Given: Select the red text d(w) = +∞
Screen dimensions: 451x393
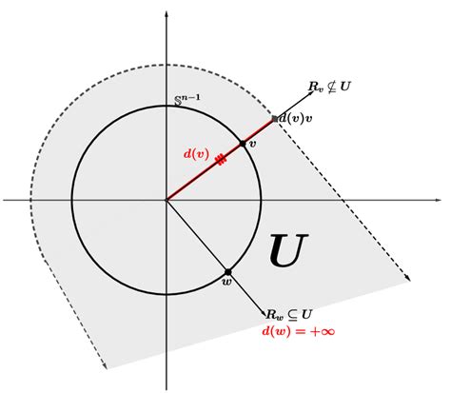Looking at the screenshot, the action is [x=295, y=331].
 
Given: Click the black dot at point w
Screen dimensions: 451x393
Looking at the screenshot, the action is [x=228, y=272].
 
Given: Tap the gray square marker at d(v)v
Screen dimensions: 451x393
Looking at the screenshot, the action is [x=274, y=119].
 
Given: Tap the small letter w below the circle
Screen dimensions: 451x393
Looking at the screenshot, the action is [x=225, y=283].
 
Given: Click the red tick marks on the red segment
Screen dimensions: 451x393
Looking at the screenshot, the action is [x=221, y=160].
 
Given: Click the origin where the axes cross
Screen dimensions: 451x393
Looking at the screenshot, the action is [x=167, y=200].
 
